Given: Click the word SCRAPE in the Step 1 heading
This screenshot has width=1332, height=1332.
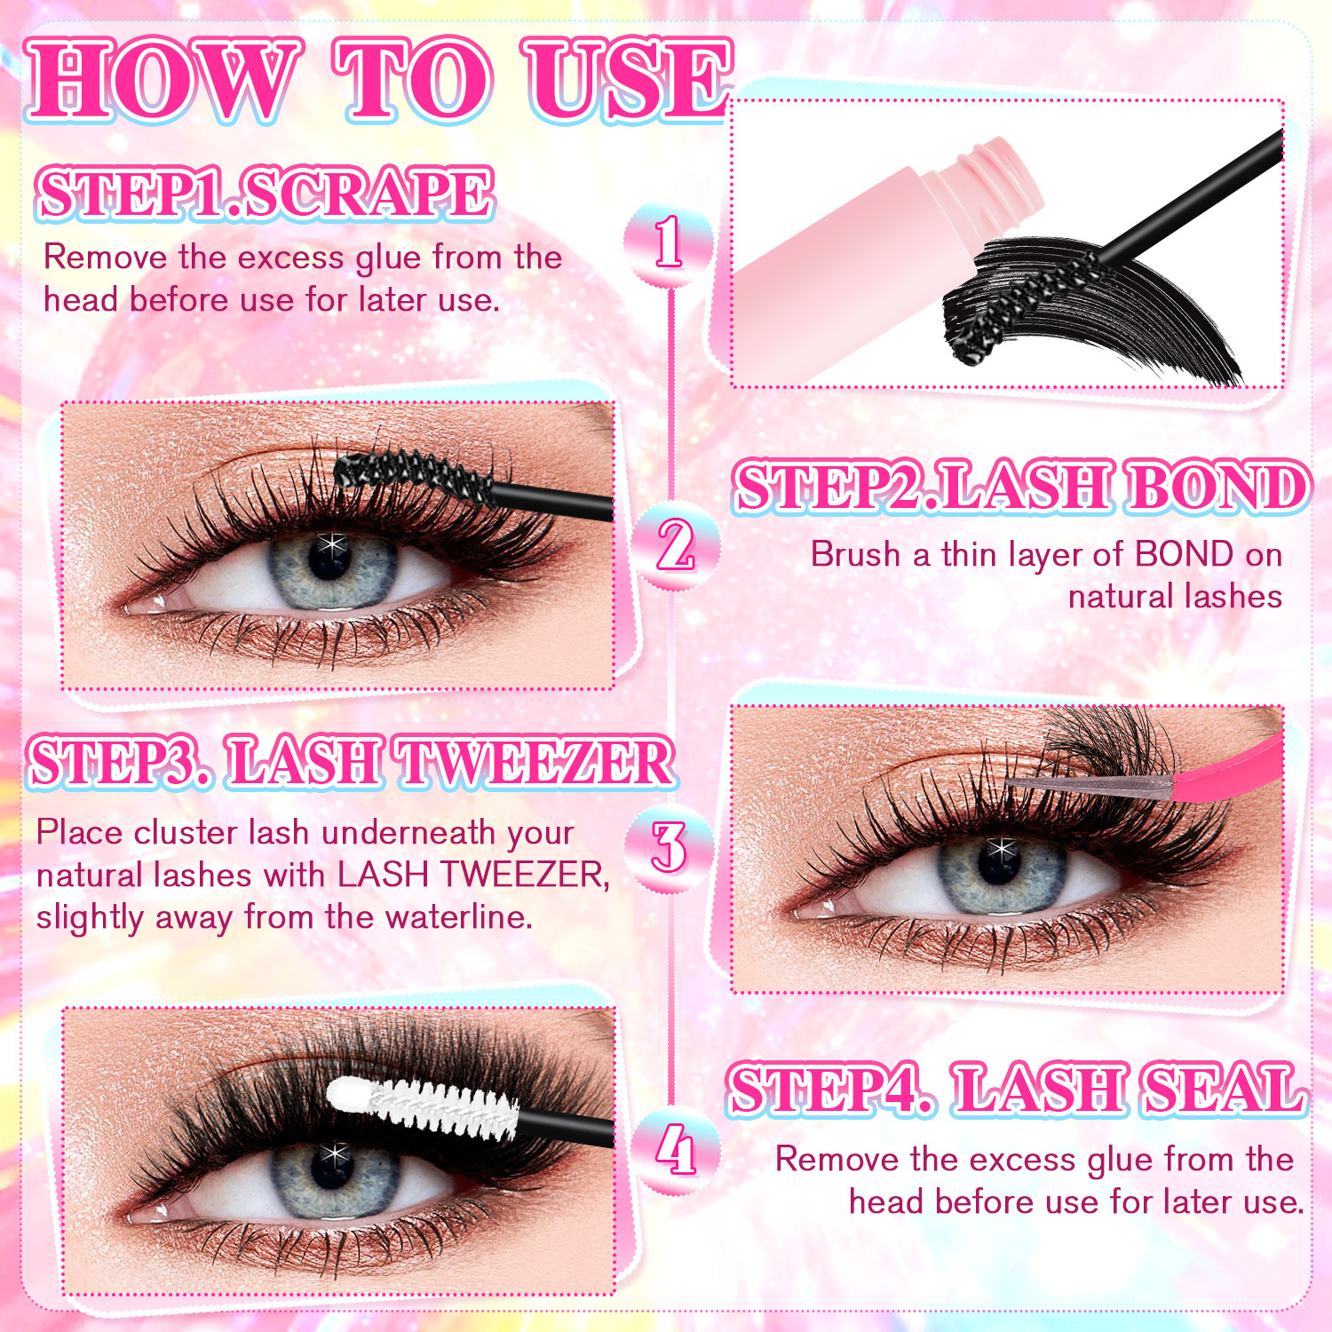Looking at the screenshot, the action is coord(368,194).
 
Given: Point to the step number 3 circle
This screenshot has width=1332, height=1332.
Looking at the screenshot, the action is coord(669,847).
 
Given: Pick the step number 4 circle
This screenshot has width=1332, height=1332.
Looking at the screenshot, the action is coord(675,1151).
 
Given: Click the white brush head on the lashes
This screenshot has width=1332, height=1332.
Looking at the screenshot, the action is coord(422,1106).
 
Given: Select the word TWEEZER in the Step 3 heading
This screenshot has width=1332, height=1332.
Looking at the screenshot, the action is coord(535,762).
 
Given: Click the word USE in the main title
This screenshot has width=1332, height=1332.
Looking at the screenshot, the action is coord(627,80).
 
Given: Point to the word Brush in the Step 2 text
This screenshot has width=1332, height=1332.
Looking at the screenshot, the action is coord(856,554).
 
